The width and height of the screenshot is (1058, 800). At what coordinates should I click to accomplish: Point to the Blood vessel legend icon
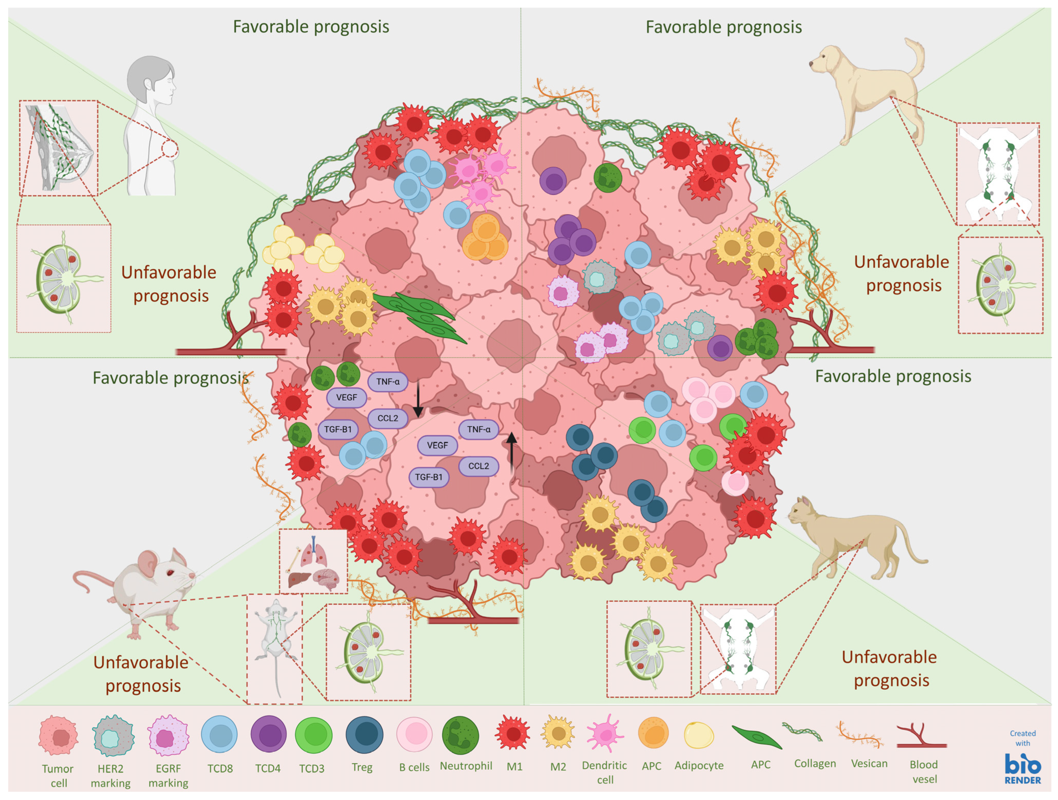[x=921, y=737]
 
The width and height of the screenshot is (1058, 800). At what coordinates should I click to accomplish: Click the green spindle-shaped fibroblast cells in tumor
[x=419, y=316]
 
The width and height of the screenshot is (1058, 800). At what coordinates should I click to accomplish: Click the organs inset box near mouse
[x=313, y=561]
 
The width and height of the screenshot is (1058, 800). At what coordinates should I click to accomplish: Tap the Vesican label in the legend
[x=869, y=763]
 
